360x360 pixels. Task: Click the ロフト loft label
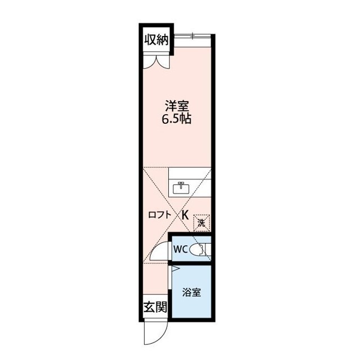pyautogui.click(x=159, y=214)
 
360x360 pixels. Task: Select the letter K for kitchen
pyautogui.click(x=184, y=214)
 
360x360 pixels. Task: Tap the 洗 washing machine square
pyautogui.click(x=201, y=222)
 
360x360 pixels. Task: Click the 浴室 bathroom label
pyautogui.click(x=192, y=292)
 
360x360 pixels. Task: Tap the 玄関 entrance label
pyautogui.click(x=155, y=307)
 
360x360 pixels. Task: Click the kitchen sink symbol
pyautogui.click(x=181, y=188)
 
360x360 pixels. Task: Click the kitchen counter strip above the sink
pyautogui.click(x=190, y=173)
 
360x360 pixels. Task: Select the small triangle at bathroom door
pyautogui.click(x=175, y=269)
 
